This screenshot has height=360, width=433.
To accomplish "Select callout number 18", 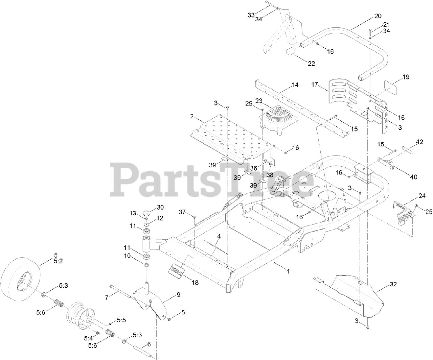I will (195, 283).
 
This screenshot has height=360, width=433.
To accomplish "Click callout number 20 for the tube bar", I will (378, 16).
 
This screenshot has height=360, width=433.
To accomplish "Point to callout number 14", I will (295, 85).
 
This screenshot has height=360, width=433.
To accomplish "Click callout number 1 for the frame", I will (288, 271).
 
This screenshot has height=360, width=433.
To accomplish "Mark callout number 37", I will (182, 212).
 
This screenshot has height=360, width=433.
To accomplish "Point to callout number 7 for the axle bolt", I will (107, 297).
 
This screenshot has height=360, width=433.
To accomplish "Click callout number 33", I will (251, 15).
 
